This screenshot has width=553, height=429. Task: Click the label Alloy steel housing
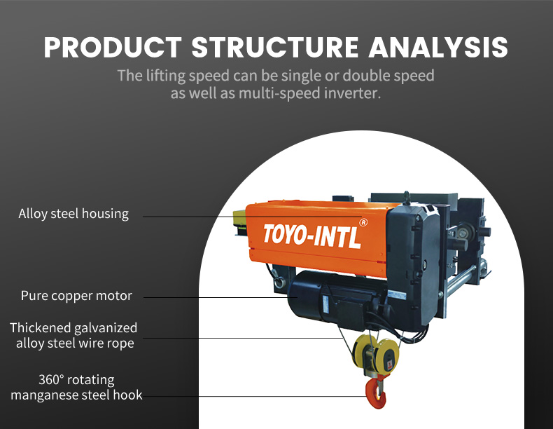coord(73,214)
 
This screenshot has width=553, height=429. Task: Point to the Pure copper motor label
coord(76,296)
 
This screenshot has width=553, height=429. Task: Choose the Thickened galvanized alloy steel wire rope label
coord(73,335)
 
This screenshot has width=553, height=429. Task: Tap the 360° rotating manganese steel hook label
coord(76,388)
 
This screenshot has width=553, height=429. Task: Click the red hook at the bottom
coord(376,393)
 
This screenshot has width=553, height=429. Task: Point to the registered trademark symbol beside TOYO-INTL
coord(363,222)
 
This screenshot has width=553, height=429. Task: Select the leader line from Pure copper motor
coord(210,298)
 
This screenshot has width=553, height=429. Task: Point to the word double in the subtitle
coord(357,75)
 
